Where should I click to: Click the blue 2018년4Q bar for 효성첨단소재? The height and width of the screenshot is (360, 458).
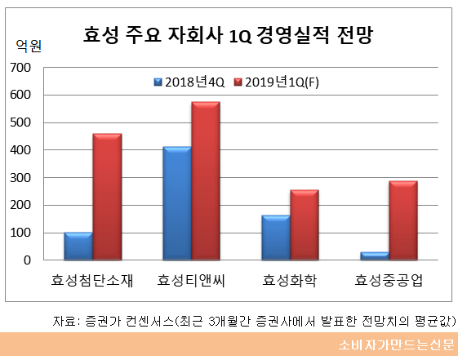point(78,246)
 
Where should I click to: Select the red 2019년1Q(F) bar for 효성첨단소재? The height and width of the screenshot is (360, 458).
point(106,197)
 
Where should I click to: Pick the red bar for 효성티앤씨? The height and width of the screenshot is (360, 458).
point(205,180)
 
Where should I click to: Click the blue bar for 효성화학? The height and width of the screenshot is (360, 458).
point(275,238)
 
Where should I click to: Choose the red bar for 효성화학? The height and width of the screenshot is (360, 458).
point(304,225)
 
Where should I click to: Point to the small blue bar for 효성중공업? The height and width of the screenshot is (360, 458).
point(374,256)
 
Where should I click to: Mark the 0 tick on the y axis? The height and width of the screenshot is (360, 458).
point(28,260)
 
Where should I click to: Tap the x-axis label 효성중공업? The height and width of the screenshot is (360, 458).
point(389,282)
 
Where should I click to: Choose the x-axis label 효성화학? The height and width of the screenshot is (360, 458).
point(290,282)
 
